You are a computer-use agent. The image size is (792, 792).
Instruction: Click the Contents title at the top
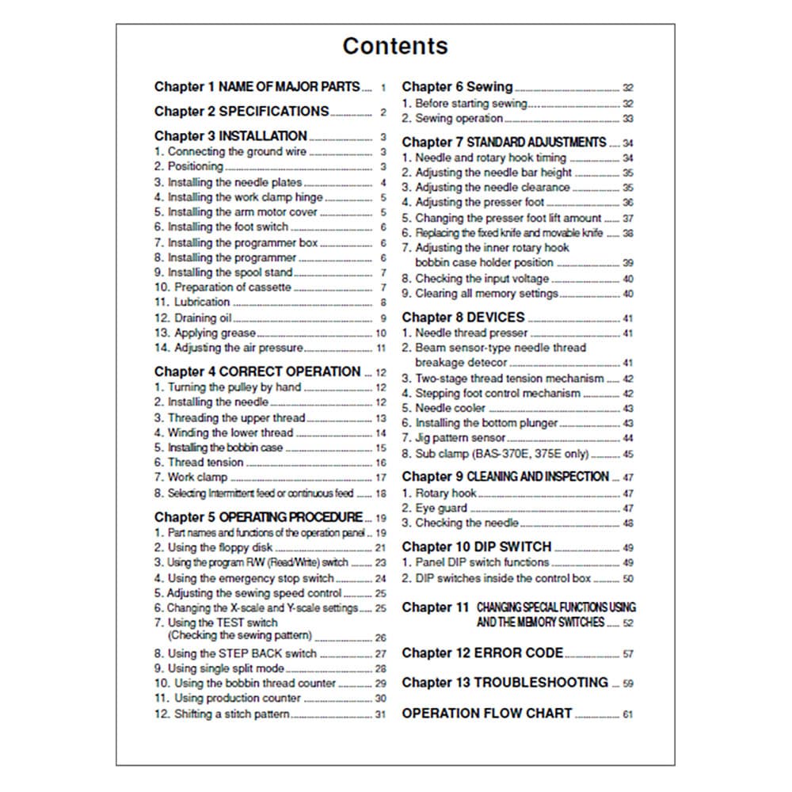(x=395, y=46)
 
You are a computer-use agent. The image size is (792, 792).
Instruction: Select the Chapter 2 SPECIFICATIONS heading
(x=242, y=112)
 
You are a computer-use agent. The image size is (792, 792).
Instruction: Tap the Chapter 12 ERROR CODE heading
(x=482, y=653)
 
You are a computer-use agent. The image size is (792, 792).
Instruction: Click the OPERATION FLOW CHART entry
(x=486, y=714)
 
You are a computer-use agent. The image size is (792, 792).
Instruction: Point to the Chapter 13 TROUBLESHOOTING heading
(x=505, y=683)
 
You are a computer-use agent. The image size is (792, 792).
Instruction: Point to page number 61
(x=627, y=715)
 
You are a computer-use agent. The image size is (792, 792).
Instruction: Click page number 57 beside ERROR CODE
(x=627, y=655)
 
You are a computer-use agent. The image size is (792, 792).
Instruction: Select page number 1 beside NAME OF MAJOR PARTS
(x=383, y=88)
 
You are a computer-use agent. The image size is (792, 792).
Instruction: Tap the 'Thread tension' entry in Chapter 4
(x=199, y=463)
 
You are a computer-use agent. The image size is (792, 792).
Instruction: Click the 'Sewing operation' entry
(x=452, y=119)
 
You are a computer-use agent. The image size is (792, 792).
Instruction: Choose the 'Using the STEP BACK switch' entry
(x=235, y=653)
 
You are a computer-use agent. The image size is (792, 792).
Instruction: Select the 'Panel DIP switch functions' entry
(x=475, y=562)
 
